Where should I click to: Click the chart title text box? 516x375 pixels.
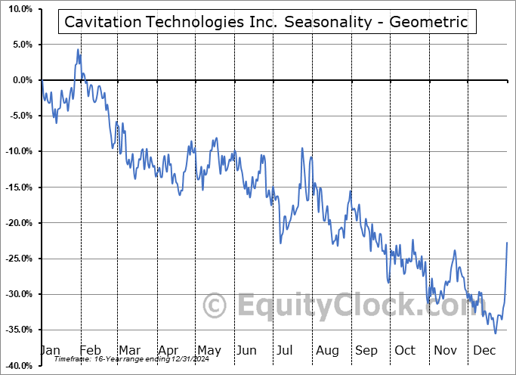click(267, 23)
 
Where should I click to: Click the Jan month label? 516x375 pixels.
click(49, 351)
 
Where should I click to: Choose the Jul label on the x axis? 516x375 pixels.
click(286, 351)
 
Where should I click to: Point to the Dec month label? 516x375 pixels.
click(484, 351)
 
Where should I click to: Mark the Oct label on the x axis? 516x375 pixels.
click(405, 351)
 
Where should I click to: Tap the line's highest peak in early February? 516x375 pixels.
click(78, 50)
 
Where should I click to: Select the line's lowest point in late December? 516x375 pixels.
click(496, 333)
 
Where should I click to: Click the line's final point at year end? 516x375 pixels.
click(507, 242)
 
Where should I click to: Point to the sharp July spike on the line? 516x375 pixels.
click(302, 149)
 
